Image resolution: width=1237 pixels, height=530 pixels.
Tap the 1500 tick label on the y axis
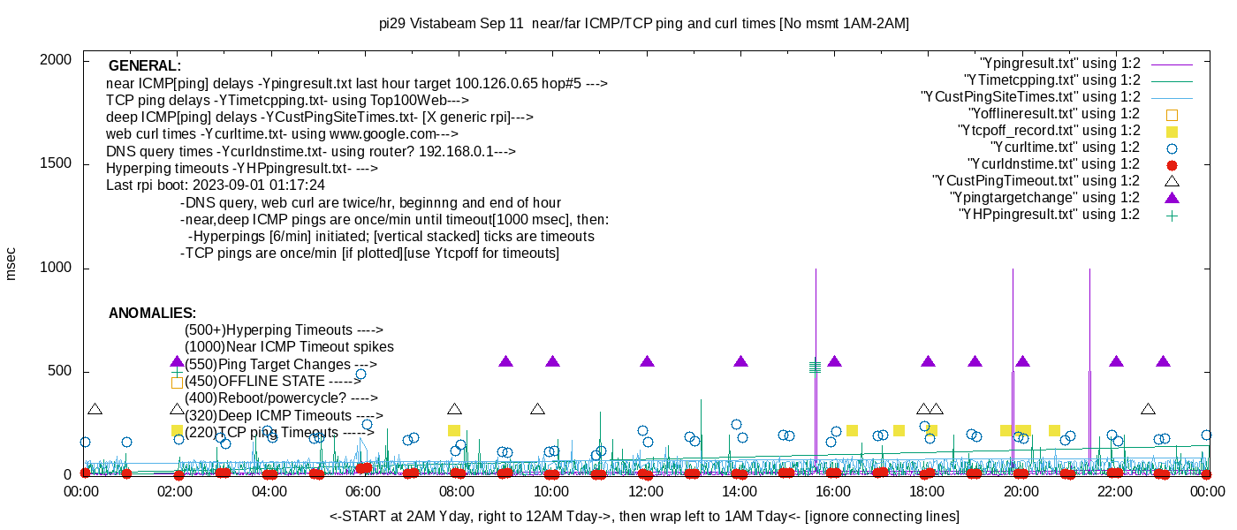tap(58, 163)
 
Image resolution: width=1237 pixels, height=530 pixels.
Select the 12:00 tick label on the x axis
tap(646, 492)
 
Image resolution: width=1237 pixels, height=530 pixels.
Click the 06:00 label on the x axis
tap(364, 492)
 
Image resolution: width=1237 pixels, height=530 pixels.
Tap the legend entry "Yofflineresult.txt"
tap(1055, 114)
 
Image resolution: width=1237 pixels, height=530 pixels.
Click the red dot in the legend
tap(1172, 164)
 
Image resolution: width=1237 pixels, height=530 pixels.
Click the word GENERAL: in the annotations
tap(145, 66)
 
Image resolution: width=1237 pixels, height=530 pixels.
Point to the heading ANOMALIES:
tap(152, 314)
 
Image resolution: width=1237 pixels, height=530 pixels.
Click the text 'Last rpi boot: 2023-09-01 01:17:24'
tap(216, 185)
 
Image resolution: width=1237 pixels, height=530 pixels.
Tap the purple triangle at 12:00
tap(647, 361)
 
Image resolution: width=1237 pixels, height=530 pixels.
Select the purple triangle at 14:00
tap(740, 361)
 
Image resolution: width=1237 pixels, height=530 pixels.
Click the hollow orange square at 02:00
tap(177, 382)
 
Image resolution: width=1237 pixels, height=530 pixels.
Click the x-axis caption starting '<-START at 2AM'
tap(644, 516)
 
